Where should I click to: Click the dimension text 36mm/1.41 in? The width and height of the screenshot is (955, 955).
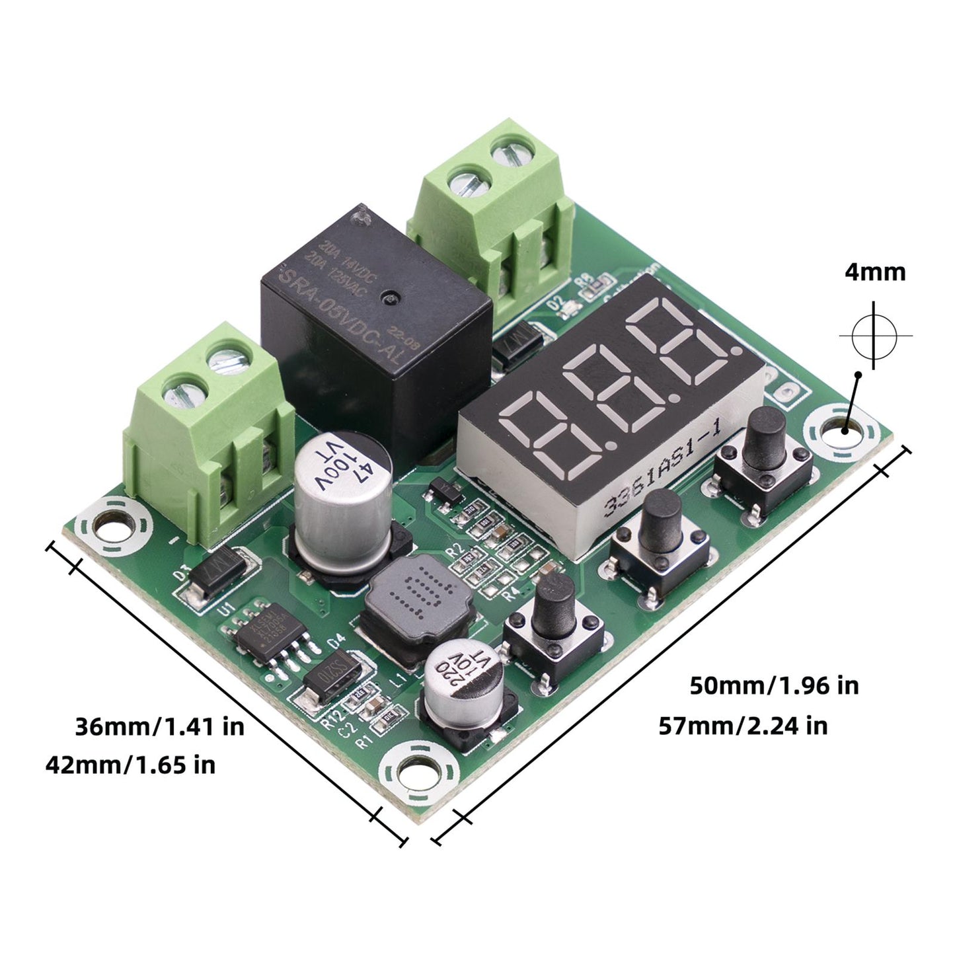pos(159,726)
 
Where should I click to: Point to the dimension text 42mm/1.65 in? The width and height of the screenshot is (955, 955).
pos(130,765)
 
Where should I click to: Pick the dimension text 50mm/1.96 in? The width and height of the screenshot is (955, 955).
pos(774,685)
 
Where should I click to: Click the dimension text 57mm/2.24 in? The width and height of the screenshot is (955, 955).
pos(743,726)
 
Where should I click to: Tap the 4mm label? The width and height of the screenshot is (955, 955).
pos(875,272)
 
